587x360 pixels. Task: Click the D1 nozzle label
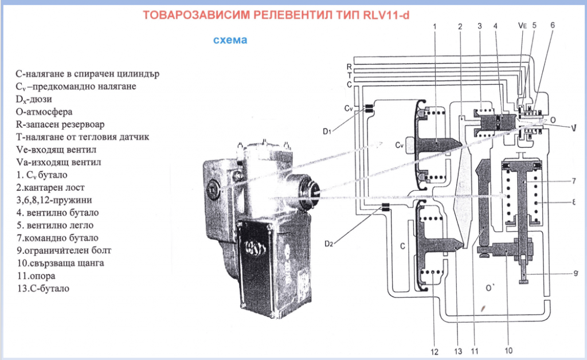327,132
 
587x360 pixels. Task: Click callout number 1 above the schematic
435,26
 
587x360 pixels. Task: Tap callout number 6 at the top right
553,26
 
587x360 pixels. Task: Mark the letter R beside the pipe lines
349,66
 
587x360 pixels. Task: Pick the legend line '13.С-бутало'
44,288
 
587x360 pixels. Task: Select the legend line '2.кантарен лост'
49,187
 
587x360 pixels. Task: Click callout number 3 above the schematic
479,26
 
